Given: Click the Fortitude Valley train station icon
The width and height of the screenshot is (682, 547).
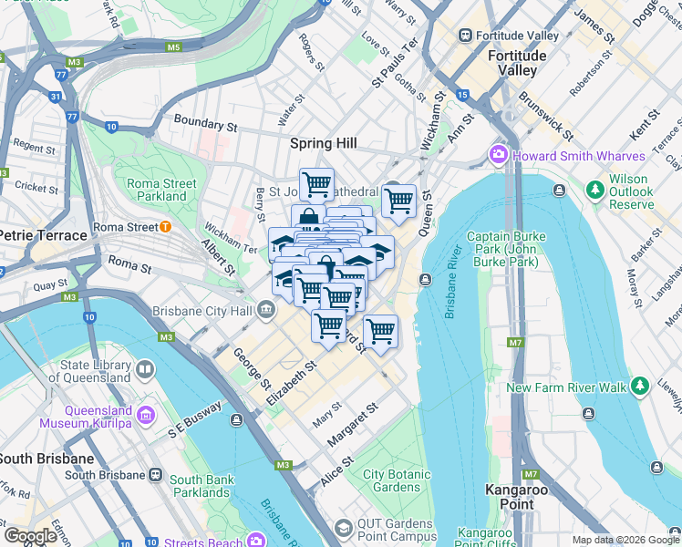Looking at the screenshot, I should (x=466, y=36).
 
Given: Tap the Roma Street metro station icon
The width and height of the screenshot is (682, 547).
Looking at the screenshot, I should (x=164, y=227).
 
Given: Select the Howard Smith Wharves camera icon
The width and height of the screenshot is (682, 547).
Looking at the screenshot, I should (x=499, y=156).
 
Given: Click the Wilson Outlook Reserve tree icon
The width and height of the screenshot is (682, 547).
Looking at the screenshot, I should (x=595, y=189).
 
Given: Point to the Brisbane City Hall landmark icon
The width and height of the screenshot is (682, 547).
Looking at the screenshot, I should (x=265, y=311).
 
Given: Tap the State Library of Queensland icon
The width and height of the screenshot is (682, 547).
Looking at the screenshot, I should (x=145, y=369).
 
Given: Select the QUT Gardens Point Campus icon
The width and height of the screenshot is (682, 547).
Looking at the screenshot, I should (x=343, y=528).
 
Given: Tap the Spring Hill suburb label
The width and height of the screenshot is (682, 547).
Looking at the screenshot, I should (x=323, y=143).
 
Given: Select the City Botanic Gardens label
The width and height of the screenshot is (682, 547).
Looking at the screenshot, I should (x=397, y=480).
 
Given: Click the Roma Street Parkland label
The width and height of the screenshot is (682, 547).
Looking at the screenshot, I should (x=161, y=190).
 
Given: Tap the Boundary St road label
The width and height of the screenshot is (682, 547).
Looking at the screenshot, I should (x=199, y=122).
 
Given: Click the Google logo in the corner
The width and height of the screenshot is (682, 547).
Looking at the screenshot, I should (x=30, y=536).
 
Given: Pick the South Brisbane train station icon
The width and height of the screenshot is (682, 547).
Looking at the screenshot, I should (x=156, y=475).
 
